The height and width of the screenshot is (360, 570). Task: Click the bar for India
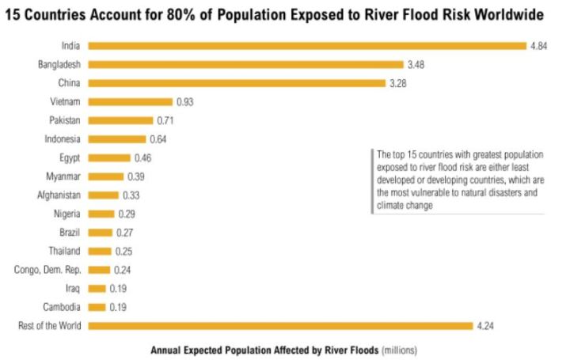coord(307,46)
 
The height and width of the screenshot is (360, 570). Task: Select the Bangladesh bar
coord(245,64)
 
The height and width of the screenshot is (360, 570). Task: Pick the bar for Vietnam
coord(130,101)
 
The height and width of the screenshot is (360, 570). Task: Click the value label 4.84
coord(539,46)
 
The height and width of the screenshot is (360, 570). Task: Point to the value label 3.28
coord(397,83)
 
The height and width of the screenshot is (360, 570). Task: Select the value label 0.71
coord(165,120)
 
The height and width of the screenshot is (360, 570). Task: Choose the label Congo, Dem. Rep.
coord(48,269)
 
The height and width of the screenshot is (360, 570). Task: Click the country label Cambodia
coord(63,306)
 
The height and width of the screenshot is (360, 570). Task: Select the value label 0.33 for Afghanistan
coord(131,195)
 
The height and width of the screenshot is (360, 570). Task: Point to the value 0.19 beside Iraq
coord(119,288)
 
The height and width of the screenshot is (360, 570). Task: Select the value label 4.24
coord(485,325)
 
